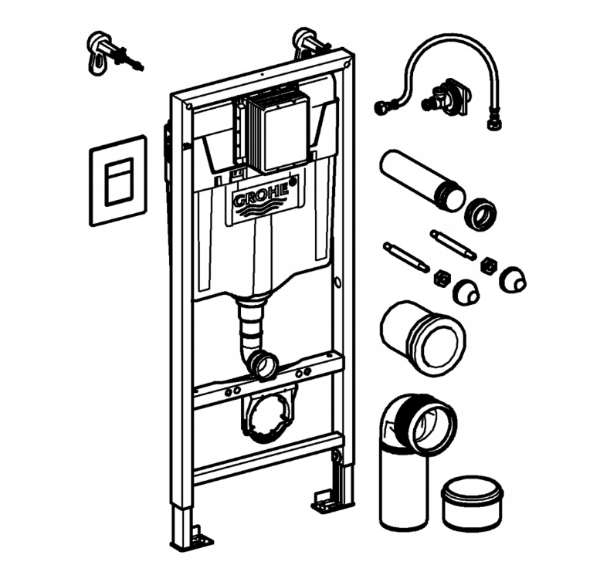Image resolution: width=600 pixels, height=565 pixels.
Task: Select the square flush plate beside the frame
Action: (117, 180)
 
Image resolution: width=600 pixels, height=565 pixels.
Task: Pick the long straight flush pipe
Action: (417, 181)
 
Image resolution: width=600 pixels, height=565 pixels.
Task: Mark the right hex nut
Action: (488, 266)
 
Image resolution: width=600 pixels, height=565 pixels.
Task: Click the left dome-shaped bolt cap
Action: (466, 292)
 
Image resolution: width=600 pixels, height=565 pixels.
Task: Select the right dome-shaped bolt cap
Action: (512, 279)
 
